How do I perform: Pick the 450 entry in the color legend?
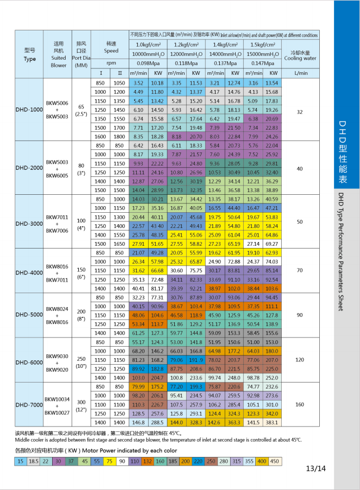click(275, 461)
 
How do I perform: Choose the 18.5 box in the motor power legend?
click(34, 461)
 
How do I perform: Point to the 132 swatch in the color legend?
click(147, 461)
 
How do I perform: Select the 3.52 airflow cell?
click(138, 83)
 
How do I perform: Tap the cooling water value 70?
click(300, 270)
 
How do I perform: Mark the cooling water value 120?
click(300, 360)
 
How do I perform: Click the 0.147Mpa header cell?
click(263, 63)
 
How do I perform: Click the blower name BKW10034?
click(58, 398)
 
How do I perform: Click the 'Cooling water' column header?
click(300, 56)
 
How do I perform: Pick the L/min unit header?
click(300, 73)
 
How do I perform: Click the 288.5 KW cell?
click(157, 422)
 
